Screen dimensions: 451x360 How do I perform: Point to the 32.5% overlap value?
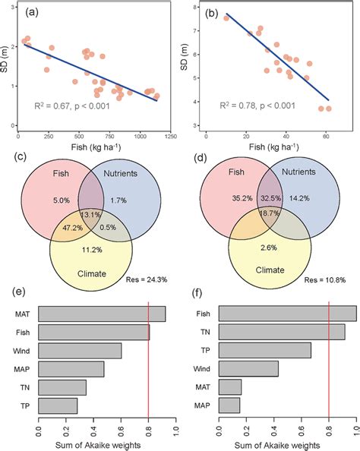pos(270,199)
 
